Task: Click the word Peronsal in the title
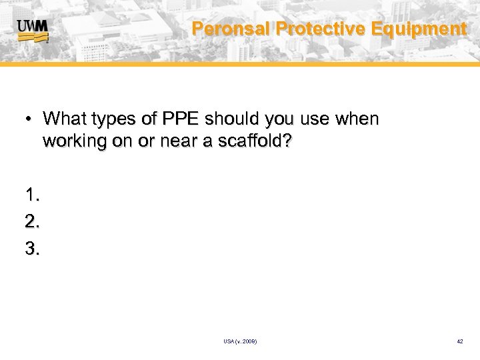point(231,29)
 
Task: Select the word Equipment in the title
point(422,29)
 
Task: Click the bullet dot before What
point(30,120)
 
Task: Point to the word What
point(63,119)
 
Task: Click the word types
point(111,120)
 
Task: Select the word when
point(359,119)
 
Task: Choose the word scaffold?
point(256,141)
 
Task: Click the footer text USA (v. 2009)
point(240,342)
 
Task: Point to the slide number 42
point(460,342)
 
